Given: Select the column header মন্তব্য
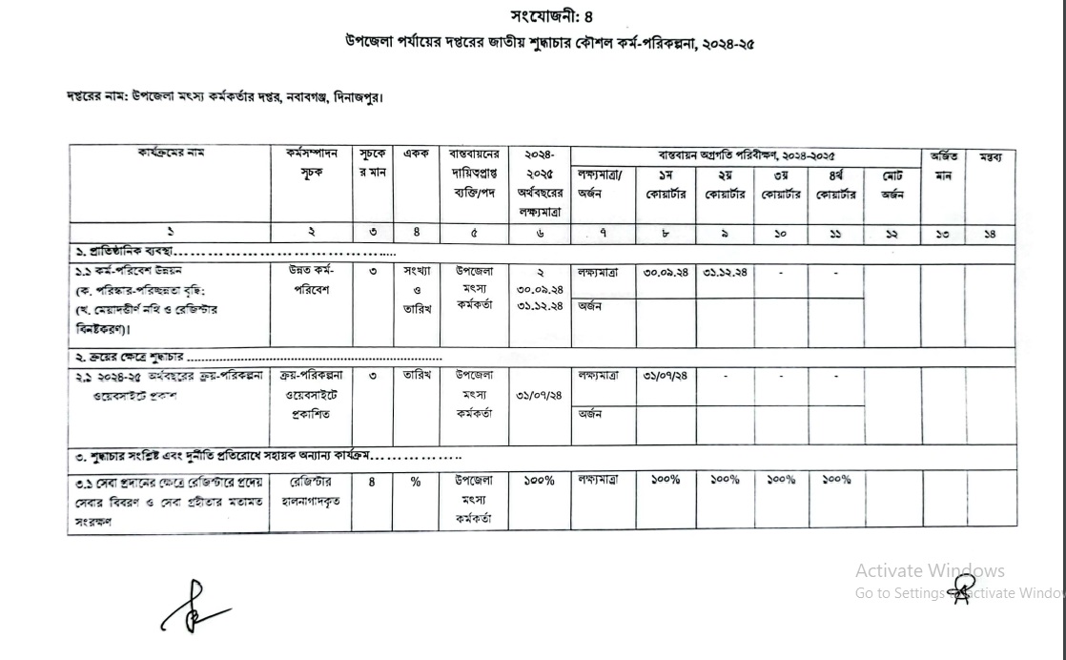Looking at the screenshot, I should click(992, 156).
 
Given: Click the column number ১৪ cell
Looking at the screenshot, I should click(992, 232).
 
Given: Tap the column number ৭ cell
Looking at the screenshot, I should click(603, 232).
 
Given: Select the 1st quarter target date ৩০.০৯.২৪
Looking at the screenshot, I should click(664, 272).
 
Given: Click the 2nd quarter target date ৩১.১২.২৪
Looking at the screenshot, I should click(726, 272).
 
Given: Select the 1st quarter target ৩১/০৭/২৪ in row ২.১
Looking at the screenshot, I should click(664, 376).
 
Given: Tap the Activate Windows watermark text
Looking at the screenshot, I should click(929, 570).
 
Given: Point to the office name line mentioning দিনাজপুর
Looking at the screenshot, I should click(225, 96).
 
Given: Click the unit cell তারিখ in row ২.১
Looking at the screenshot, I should click(415, 376).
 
